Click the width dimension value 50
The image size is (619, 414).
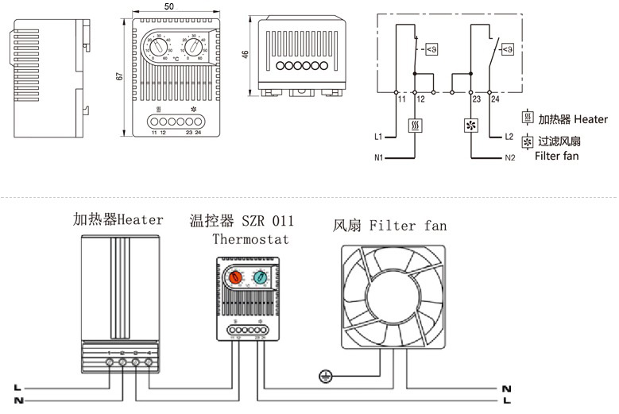tap(169, 6)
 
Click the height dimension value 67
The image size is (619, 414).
tap(118, 76)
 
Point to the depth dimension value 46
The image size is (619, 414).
tap(246, 55)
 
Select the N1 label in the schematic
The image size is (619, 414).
tap(379, 158)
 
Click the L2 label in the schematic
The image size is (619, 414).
tap(509, 137)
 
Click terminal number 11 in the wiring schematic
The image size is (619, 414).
tap(400, 100)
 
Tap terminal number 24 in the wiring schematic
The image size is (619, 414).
tap(495, 100)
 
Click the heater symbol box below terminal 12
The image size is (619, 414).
tap(416, 126)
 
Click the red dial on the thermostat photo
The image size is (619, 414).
tap(234, 277)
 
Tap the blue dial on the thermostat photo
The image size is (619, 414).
tap(260, 277)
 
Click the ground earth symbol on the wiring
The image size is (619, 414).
tap(324, 376)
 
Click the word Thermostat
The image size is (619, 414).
tap(251, 238)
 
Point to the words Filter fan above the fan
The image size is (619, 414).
tap(408, 226)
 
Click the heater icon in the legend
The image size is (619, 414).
tap(527, 119)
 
